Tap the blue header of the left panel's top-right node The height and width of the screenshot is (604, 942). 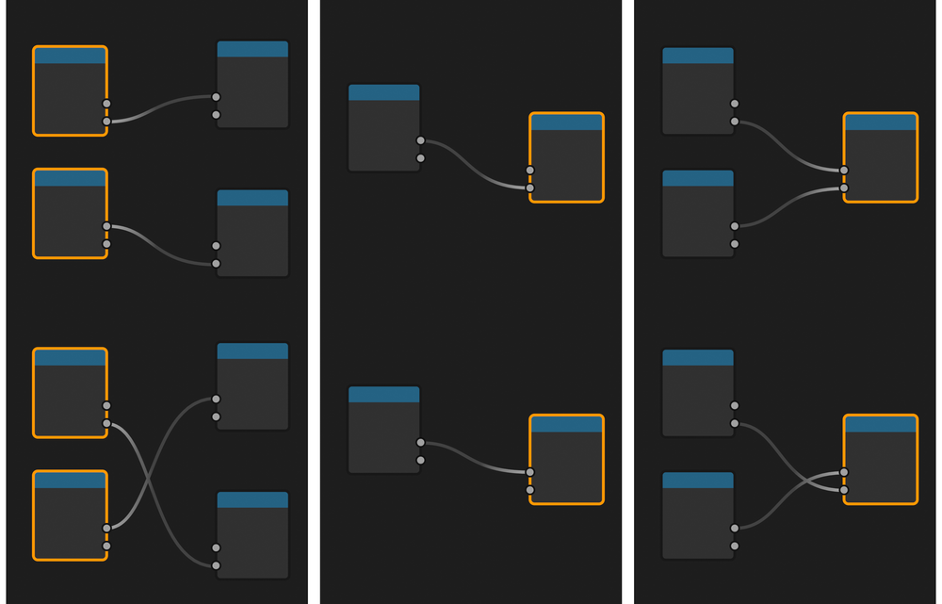point(252,49)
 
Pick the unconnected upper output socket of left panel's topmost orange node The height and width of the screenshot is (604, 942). point(106,104)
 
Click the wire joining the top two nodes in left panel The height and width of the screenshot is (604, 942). point(161,106)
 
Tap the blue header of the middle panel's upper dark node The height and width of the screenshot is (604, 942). point(383,92)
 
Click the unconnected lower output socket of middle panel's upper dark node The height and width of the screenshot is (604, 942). point(420,158)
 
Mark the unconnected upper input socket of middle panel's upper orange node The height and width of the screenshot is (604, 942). point(530,171)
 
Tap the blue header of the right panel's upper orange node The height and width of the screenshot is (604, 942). point(880,122)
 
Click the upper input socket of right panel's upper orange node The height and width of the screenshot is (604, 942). point(844,171)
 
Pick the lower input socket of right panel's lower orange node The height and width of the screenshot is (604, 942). point(844,490)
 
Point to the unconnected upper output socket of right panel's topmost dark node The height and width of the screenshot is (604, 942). point(735,104)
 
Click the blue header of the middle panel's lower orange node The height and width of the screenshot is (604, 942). point(566,424)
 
